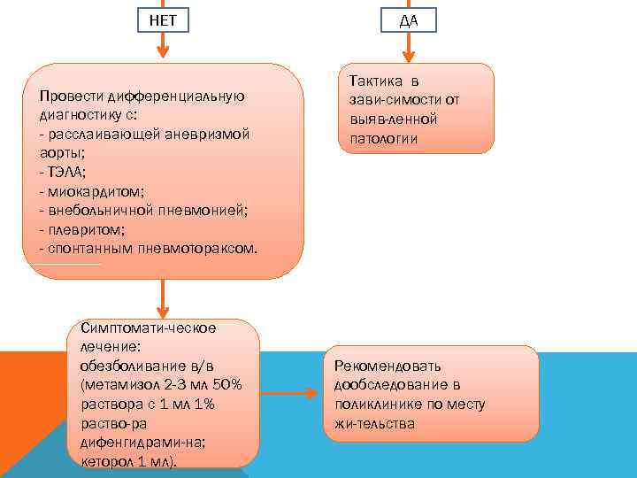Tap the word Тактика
pos(378,81)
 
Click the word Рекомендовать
pos(388,366)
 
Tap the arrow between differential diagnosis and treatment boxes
pos(163,301)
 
